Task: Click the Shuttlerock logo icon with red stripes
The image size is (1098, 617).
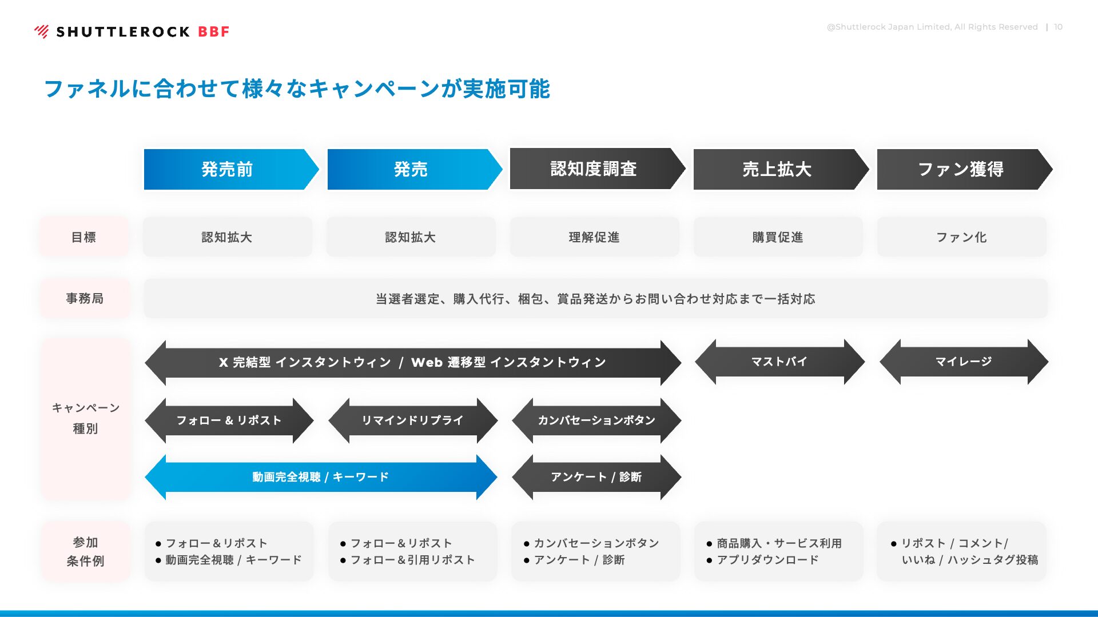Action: coord(42,31)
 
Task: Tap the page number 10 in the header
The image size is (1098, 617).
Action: coord(1059,27)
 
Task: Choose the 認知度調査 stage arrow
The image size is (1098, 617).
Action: coord(598,169)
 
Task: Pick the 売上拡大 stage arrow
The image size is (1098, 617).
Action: coord(781,169)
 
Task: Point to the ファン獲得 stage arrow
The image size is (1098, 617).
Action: coord(965,169)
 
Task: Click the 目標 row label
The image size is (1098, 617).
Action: coord(84,237)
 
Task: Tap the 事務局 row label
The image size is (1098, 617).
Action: coord(85,298)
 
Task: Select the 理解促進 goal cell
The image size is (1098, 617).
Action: coord(594,237)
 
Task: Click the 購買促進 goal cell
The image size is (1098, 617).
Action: coord(778,237)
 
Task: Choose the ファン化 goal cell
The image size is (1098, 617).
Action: coord(962,237)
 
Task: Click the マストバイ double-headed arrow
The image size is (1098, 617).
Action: coord(780,362)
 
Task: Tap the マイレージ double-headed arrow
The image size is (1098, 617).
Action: coord(964,362)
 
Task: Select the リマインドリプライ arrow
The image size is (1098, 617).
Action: coord(413,420)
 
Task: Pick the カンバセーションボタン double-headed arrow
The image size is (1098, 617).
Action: coord(596,420)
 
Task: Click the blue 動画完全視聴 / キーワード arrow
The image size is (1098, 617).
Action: coord(321,477)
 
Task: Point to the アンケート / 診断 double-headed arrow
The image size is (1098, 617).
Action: coord(596,477)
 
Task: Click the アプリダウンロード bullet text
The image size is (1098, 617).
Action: coord(767,560)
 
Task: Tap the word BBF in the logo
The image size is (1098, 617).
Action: coord(214,32)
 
